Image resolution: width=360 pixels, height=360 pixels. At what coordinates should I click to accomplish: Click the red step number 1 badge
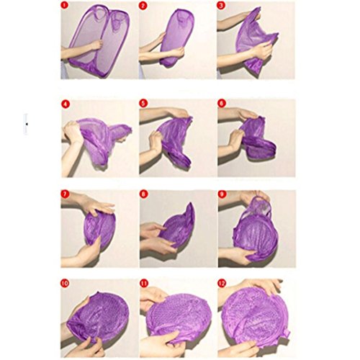[65, 6]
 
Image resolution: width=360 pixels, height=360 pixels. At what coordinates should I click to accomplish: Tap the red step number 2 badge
[143, 6]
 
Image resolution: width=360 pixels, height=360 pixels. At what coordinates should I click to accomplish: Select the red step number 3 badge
[221, 6]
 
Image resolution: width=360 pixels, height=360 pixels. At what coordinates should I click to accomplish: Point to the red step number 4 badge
[66, 104]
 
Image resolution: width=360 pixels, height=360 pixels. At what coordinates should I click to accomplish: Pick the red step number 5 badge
[143, 104]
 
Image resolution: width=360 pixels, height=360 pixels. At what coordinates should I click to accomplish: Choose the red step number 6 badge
[221, 104]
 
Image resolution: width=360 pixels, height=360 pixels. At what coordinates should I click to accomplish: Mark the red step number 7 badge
[65, 194]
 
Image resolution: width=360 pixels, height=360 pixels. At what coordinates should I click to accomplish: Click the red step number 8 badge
[143, 194]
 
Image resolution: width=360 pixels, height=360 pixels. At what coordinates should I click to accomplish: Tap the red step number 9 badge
[222, 194]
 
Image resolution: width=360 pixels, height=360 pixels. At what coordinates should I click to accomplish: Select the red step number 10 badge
[65, 284]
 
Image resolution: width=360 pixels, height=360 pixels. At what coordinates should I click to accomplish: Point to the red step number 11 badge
[143, 284]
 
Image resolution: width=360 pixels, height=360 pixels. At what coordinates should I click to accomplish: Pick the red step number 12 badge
[222, 284]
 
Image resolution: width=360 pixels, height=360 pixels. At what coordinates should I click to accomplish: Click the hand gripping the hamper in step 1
[96, 45]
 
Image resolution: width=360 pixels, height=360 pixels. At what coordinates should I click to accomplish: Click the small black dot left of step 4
[27, 124]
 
